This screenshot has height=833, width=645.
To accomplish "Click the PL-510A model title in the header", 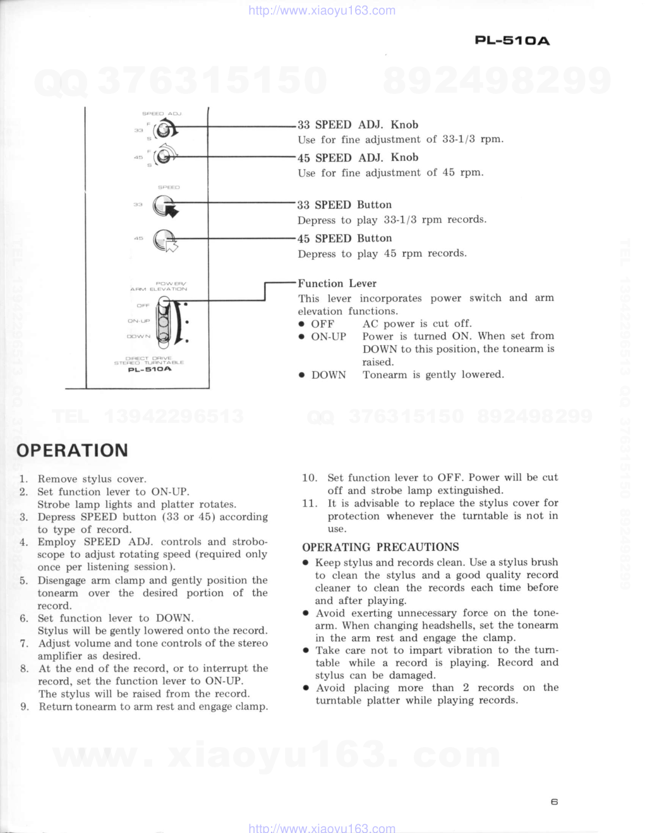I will pyautogui.click(x=512, y=41).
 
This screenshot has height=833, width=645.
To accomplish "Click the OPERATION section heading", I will pyautogui.click(x=72, y=451).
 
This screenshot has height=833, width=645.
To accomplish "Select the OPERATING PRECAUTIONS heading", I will pyautogui.click(x=380, y=547).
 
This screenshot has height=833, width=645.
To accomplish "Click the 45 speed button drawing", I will pyautogui.click(x=166, y=240).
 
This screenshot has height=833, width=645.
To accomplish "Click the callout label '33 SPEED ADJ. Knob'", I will pyautogui.click(x=358, y=125).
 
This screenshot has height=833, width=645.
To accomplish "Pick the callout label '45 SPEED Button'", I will pyautogui.click(x=345, y=239).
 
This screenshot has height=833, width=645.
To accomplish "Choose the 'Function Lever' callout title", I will pyautogui.click(x=337, y=283).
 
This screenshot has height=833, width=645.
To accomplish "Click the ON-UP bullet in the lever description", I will pyautogui.click(x=328, y=336).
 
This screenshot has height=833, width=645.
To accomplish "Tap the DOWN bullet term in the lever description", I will pyautogui.click(x=328, y=375).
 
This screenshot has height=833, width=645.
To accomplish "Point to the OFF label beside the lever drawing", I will pyautogui.click(x=143, y=305).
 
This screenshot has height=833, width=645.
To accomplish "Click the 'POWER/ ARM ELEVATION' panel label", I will pyautogui.click(x=159, y=287).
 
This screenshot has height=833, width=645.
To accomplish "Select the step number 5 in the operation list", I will pyautogui.click(x=24, y=581).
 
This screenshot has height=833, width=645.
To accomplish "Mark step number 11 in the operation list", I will pyautogui.click(x=309, y=504).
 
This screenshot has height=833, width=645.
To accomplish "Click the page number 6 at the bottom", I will pyautogui.click(x=554, y=802).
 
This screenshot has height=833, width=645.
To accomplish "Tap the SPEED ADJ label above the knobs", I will pyautogui.click(x=162, y=114).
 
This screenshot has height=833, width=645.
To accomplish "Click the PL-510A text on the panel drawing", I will pyautogui.click(x=150, y=369).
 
